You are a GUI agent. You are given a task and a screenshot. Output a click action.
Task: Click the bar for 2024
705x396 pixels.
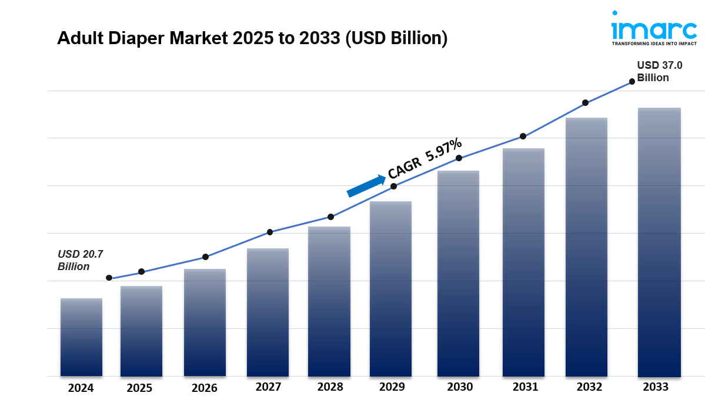tap(81, 337)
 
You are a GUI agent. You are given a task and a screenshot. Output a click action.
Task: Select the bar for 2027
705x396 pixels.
tap(268, 312)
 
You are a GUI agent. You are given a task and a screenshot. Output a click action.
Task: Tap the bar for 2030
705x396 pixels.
tap(458, 274)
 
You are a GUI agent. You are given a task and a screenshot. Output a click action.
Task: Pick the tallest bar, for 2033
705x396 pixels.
tap(659, 242)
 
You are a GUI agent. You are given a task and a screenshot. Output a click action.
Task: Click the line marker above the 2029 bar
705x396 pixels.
tap(394, 186)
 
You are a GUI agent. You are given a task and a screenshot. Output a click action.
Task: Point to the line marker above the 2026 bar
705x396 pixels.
tap(205, 257)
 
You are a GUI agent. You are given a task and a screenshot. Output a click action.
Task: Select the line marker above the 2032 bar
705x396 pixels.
tap(585, 103)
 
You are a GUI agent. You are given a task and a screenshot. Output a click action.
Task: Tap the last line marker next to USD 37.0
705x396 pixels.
tap(632, 82)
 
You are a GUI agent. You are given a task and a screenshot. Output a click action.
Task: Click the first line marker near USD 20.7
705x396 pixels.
tap(109, 278)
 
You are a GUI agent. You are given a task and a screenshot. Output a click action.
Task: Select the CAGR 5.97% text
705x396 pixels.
tap(425, 159)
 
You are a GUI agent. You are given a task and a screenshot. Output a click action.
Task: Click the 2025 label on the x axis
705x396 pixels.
tap(139, 388)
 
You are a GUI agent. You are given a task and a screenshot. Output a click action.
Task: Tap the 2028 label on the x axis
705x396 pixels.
tap(330, 387)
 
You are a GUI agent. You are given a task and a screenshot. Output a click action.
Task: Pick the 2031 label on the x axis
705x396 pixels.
tap(525, 387)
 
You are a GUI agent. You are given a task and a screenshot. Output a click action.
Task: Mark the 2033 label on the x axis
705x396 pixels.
tap(656, 387)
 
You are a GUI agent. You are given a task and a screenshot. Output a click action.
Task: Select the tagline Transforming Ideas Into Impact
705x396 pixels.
tap(653, 44)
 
